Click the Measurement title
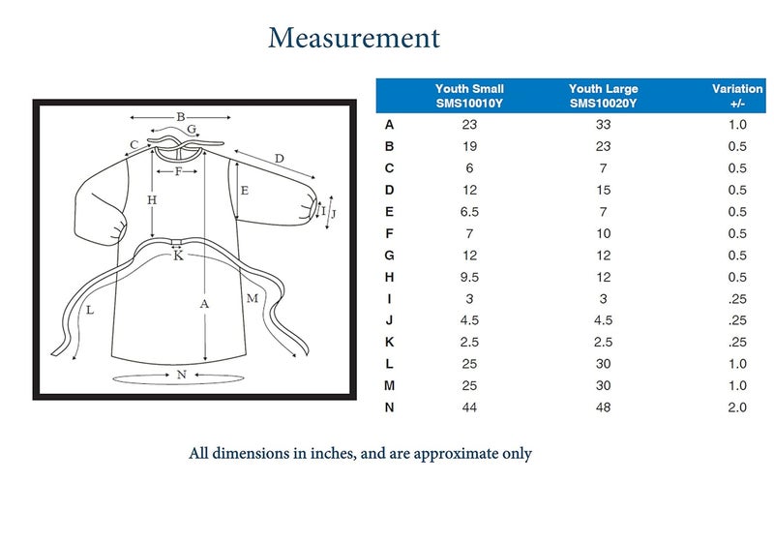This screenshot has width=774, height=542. click(354, 39)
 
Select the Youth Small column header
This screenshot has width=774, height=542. click(469, 95)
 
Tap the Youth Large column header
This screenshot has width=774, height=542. click(603, 95)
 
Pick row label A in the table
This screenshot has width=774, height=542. click(389, 124)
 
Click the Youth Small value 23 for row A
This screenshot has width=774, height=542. click(470, 124)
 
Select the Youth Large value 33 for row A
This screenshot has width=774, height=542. click(603, 124)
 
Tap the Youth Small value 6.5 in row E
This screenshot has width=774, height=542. click(470, 212)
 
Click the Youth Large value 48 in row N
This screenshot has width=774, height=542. click(603, 407)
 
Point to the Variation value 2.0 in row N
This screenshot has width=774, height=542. click(737, 407)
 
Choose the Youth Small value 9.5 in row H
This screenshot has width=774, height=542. click(470, 277)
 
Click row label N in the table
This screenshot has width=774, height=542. click(389, 407)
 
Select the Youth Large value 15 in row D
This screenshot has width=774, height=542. click(603, 190)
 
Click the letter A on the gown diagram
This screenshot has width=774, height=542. click(204, 302)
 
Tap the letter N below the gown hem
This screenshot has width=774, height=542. click(181, 374)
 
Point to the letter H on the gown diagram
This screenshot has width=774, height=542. click(152, 200)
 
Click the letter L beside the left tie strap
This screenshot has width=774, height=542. click(89, 311)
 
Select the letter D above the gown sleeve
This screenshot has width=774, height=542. click(279, 158)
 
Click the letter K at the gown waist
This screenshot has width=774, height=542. click(178, 256)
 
